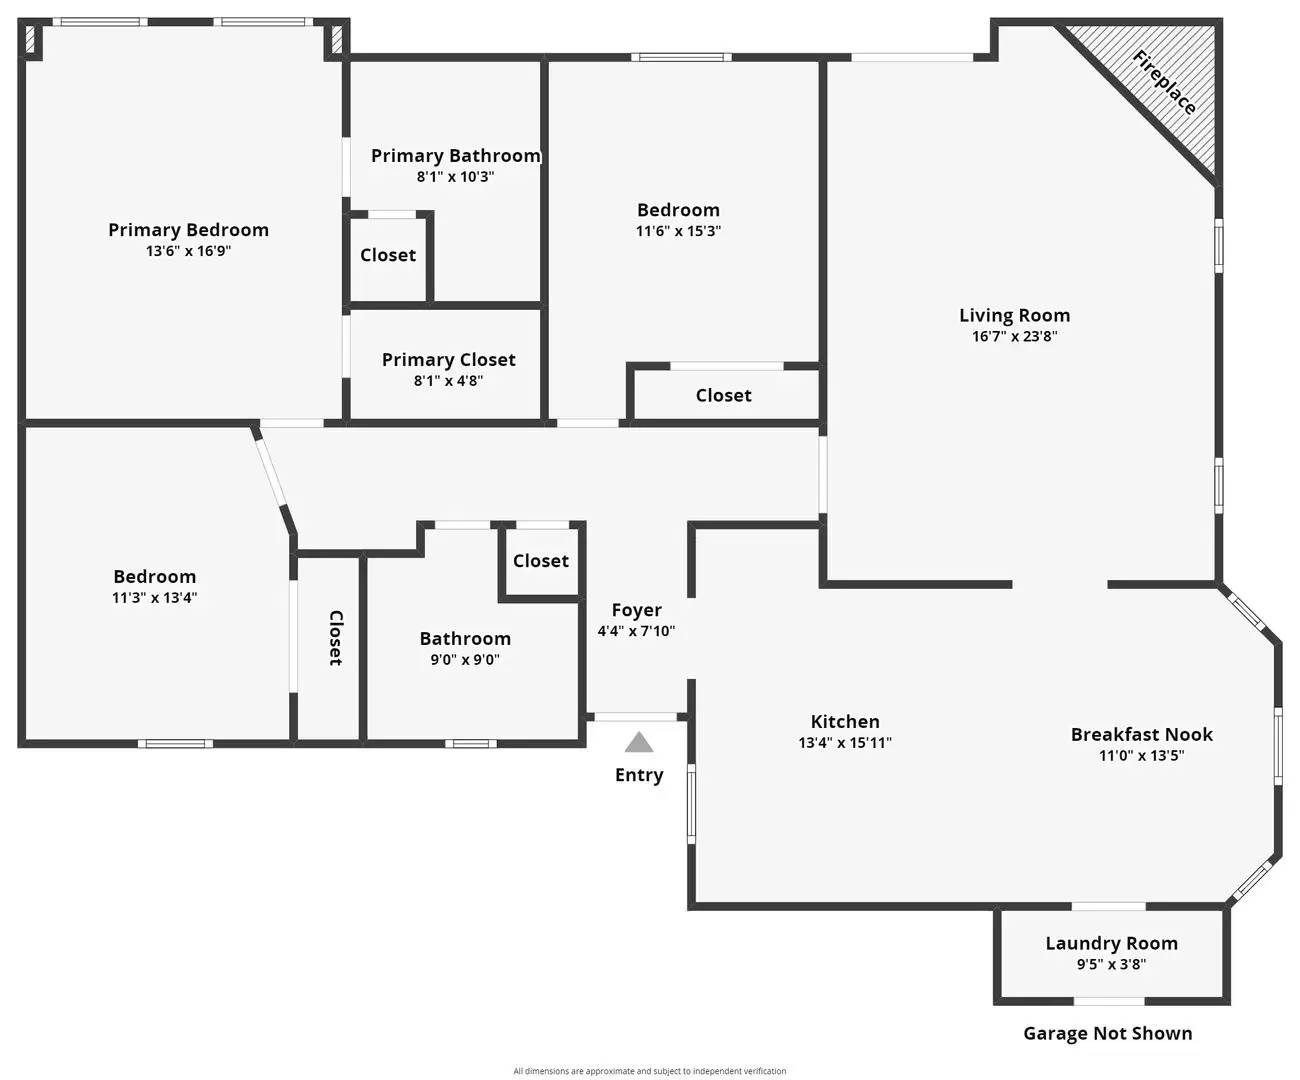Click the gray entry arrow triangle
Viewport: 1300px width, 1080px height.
click(x=639, y=742)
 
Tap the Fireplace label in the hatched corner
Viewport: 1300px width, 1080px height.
click(x=1164, y=82)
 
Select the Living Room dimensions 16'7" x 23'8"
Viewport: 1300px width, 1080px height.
click(x=1014, y=337)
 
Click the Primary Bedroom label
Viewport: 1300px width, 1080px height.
click(x=188, y=230)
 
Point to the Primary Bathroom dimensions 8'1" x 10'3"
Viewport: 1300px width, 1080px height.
click(x=455, y=177)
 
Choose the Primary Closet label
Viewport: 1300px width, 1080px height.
click(x=448, y=360)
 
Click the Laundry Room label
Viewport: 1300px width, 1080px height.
click(x=1111, y=943)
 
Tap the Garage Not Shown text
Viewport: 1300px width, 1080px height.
click(x=1107, y=1033)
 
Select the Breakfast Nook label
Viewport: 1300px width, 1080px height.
click(x=1141, y=734)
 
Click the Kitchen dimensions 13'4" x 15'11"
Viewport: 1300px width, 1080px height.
click(x=845, y=743)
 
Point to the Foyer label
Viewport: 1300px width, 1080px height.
click(x=636, y=610)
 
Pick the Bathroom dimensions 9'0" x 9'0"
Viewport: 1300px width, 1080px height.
click(x=465, y=660)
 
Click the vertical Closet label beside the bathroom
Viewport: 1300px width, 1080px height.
click(x=335, y=638)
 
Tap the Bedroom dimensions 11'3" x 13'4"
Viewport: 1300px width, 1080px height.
click(x=154, y=598)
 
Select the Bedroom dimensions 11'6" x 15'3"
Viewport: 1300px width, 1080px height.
click(x=678, y=231)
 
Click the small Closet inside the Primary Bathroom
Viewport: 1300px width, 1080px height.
click(x=388, y=255)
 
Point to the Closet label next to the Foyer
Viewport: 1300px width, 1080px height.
click(x=540, y=561)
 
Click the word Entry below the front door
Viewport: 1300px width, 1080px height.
click(x=639, y=775)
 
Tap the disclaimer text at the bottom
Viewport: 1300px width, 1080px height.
click(x=649, y=1071)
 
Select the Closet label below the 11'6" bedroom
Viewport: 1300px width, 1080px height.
click(x=723, y=396)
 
